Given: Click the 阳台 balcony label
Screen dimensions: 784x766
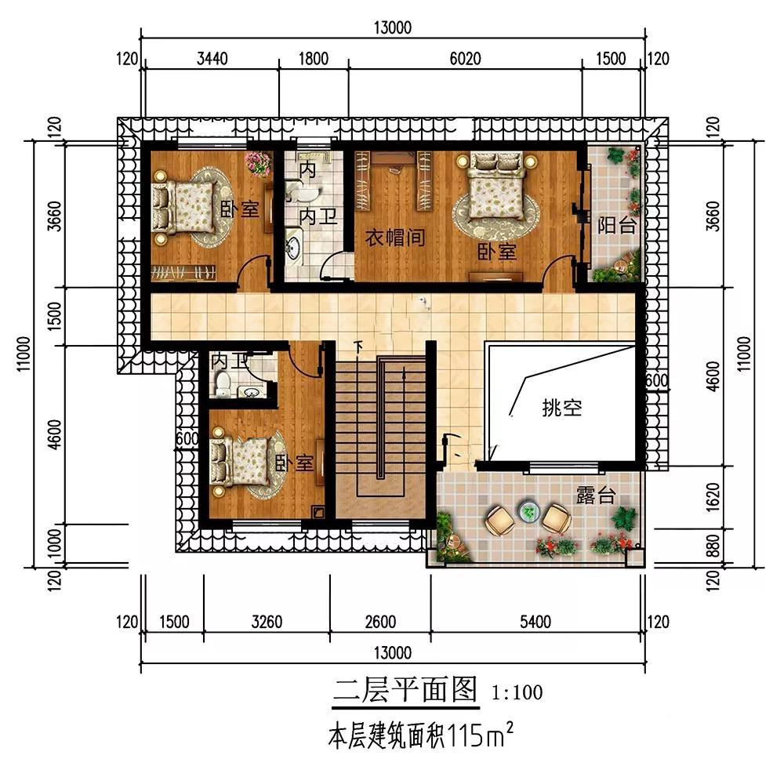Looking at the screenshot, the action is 616,226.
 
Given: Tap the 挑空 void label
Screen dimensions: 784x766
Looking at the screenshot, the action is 562,408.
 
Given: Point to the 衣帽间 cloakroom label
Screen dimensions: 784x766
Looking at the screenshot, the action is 395,237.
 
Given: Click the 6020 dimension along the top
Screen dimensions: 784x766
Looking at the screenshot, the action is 465,59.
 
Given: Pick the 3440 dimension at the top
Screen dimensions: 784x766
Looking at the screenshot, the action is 212,59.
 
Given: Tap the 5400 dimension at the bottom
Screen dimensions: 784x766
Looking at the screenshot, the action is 535,622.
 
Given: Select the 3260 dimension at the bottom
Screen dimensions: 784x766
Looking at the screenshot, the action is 267,622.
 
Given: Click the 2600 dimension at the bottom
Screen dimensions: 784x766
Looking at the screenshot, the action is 380,622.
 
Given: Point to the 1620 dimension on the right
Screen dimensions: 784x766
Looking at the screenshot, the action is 713,497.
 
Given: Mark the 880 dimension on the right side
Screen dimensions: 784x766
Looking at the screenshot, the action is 713,546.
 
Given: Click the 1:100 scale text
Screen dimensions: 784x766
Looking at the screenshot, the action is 517,692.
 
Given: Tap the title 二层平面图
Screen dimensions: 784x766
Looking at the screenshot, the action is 405,689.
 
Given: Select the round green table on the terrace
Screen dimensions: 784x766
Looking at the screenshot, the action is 529,511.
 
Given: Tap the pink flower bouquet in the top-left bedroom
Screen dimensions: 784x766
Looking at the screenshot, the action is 257,163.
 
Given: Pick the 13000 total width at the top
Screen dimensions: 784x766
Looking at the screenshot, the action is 393,27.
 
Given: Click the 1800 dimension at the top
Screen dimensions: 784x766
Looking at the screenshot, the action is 314,59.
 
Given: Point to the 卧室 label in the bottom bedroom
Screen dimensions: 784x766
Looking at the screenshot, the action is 295,463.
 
